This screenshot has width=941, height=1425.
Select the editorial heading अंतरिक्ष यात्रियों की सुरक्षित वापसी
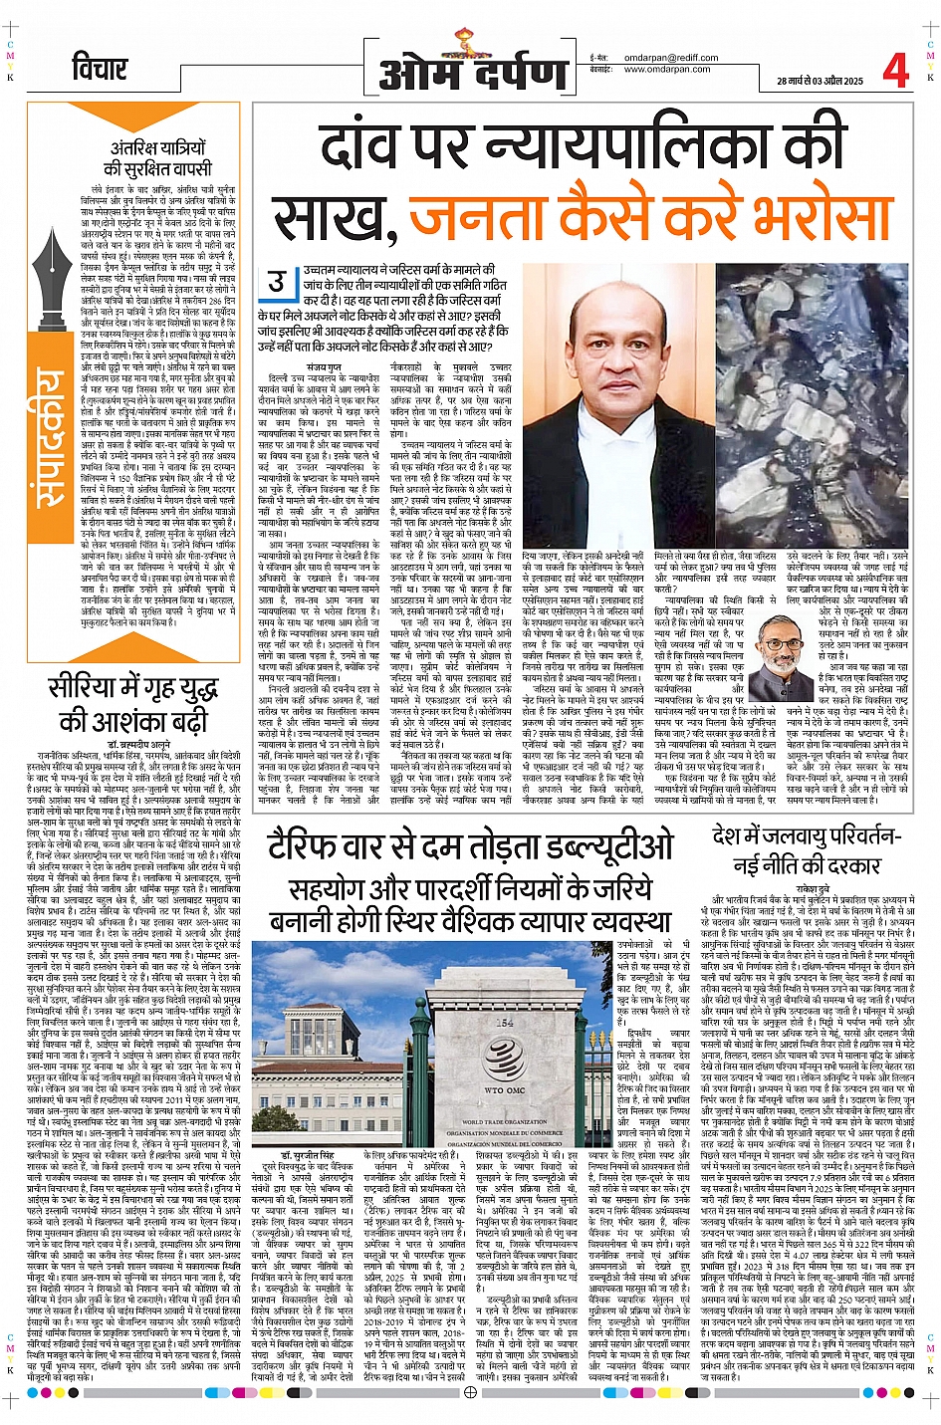(157, 158)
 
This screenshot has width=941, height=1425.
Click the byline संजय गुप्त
(324, 367)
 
